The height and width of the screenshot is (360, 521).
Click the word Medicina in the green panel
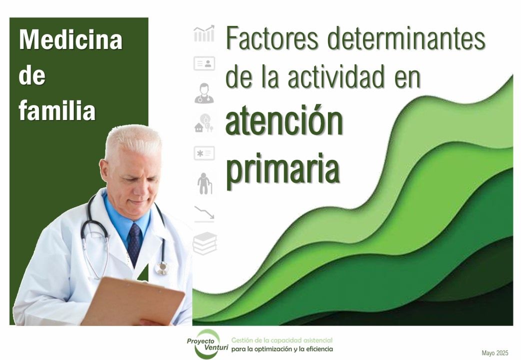pyautogui.click(x=70, y=40)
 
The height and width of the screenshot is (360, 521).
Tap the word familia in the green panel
pyautogui.click(x=57, y=111)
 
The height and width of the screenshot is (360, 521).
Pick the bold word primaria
pyautogui.click(x=283, y=168)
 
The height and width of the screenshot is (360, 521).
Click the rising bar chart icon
pyautogui.click(x=204, y=34)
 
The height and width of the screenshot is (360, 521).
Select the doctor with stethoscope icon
pyautogui.click(x=204, y=93)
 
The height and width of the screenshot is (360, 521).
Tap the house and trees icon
pyautogui.click(x=204, y=122)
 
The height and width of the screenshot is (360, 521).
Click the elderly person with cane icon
pyautogui.click(x=204, y=182)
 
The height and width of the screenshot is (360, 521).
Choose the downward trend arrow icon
pyautogui.click(x=204, y=212)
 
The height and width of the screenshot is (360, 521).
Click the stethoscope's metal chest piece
pyautogui.click(x=161, y=268)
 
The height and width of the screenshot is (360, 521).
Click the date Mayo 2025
pyautogui.click(x=494, y=353)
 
